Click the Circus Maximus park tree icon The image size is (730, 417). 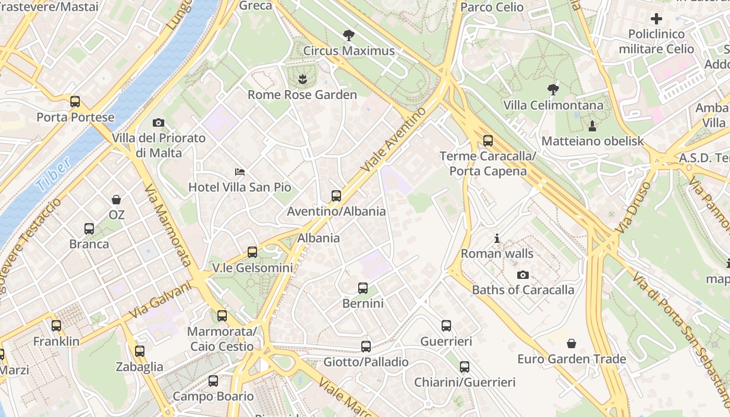point(349,35)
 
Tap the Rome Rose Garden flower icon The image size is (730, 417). point(302,79)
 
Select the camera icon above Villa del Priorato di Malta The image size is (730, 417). point(159,122)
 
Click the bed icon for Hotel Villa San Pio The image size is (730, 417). point(240,171)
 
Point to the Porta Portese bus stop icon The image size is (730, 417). point(75,101)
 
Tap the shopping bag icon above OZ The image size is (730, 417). point(116,199)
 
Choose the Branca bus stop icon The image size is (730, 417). point(89,228)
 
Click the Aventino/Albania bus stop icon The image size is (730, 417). point(336,196)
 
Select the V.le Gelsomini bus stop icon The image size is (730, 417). point(252,252)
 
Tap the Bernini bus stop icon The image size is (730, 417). point(363,288)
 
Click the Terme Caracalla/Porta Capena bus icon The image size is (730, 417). point(488,140)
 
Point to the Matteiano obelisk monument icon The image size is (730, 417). point(592,126)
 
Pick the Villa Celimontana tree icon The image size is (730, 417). point(553,90)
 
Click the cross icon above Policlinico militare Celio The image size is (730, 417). point(656,19)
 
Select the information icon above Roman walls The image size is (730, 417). point(497,239)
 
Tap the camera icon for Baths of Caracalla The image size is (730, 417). point(523,275)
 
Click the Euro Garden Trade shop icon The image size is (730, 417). point(571,344)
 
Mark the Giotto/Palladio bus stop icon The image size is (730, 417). point(366,346)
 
